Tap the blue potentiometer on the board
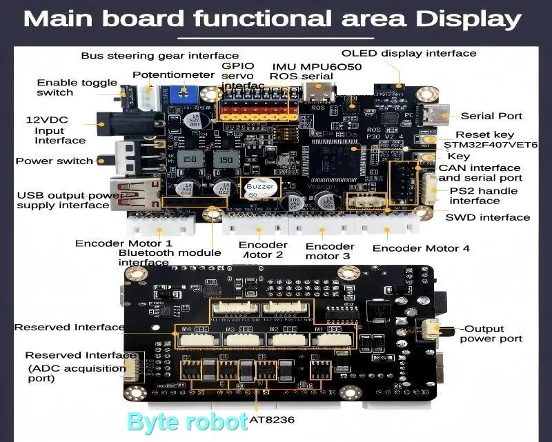click(x=181, y=95)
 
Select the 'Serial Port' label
click(x=491, y=116)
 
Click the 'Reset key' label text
click(x=484, y=134)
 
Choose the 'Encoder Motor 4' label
click(x=421, y=248)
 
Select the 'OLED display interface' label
click(x=409, y=53)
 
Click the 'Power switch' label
click(x=55, y=161)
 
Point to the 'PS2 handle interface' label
click(x=483, y=196)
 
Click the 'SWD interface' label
click(x=488, y=217)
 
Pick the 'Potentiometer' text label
click(x=174, y=74)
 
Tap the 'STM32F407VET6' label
click(x=491, y=145)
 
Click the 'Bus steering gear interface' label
click(x=150, y=55)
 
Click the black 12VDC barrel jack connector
click(x=116, y=125)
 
